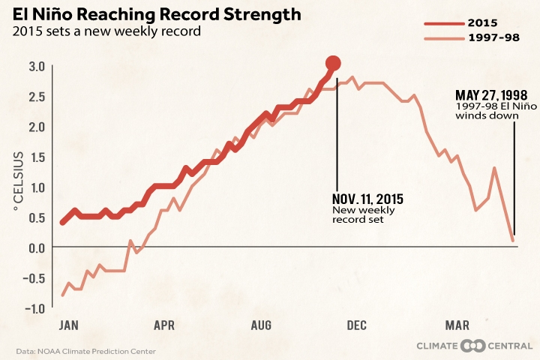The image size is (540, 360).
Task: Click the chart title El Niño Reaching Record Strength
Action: tap(157, 14)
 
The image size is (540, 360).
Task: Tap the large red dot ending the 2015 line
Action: tap(334, 64)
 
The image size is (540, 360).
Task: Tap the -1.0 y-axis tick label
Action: tap(35, 308)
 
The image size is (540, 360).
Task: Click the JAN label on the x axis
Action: tap(68, 325)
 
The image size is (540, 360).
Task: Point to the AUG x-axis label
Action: tap(261, 325)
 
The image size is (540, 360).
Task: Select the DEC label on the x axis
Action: tap(356, 325)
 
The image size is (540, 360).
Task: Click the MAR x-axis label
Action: tap(457, 325)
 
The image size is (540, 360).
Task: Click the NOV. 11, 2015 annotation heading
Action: tap(367, 199)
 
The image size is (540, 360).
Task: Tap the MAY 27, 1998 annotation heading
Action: tap(491, 95)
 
